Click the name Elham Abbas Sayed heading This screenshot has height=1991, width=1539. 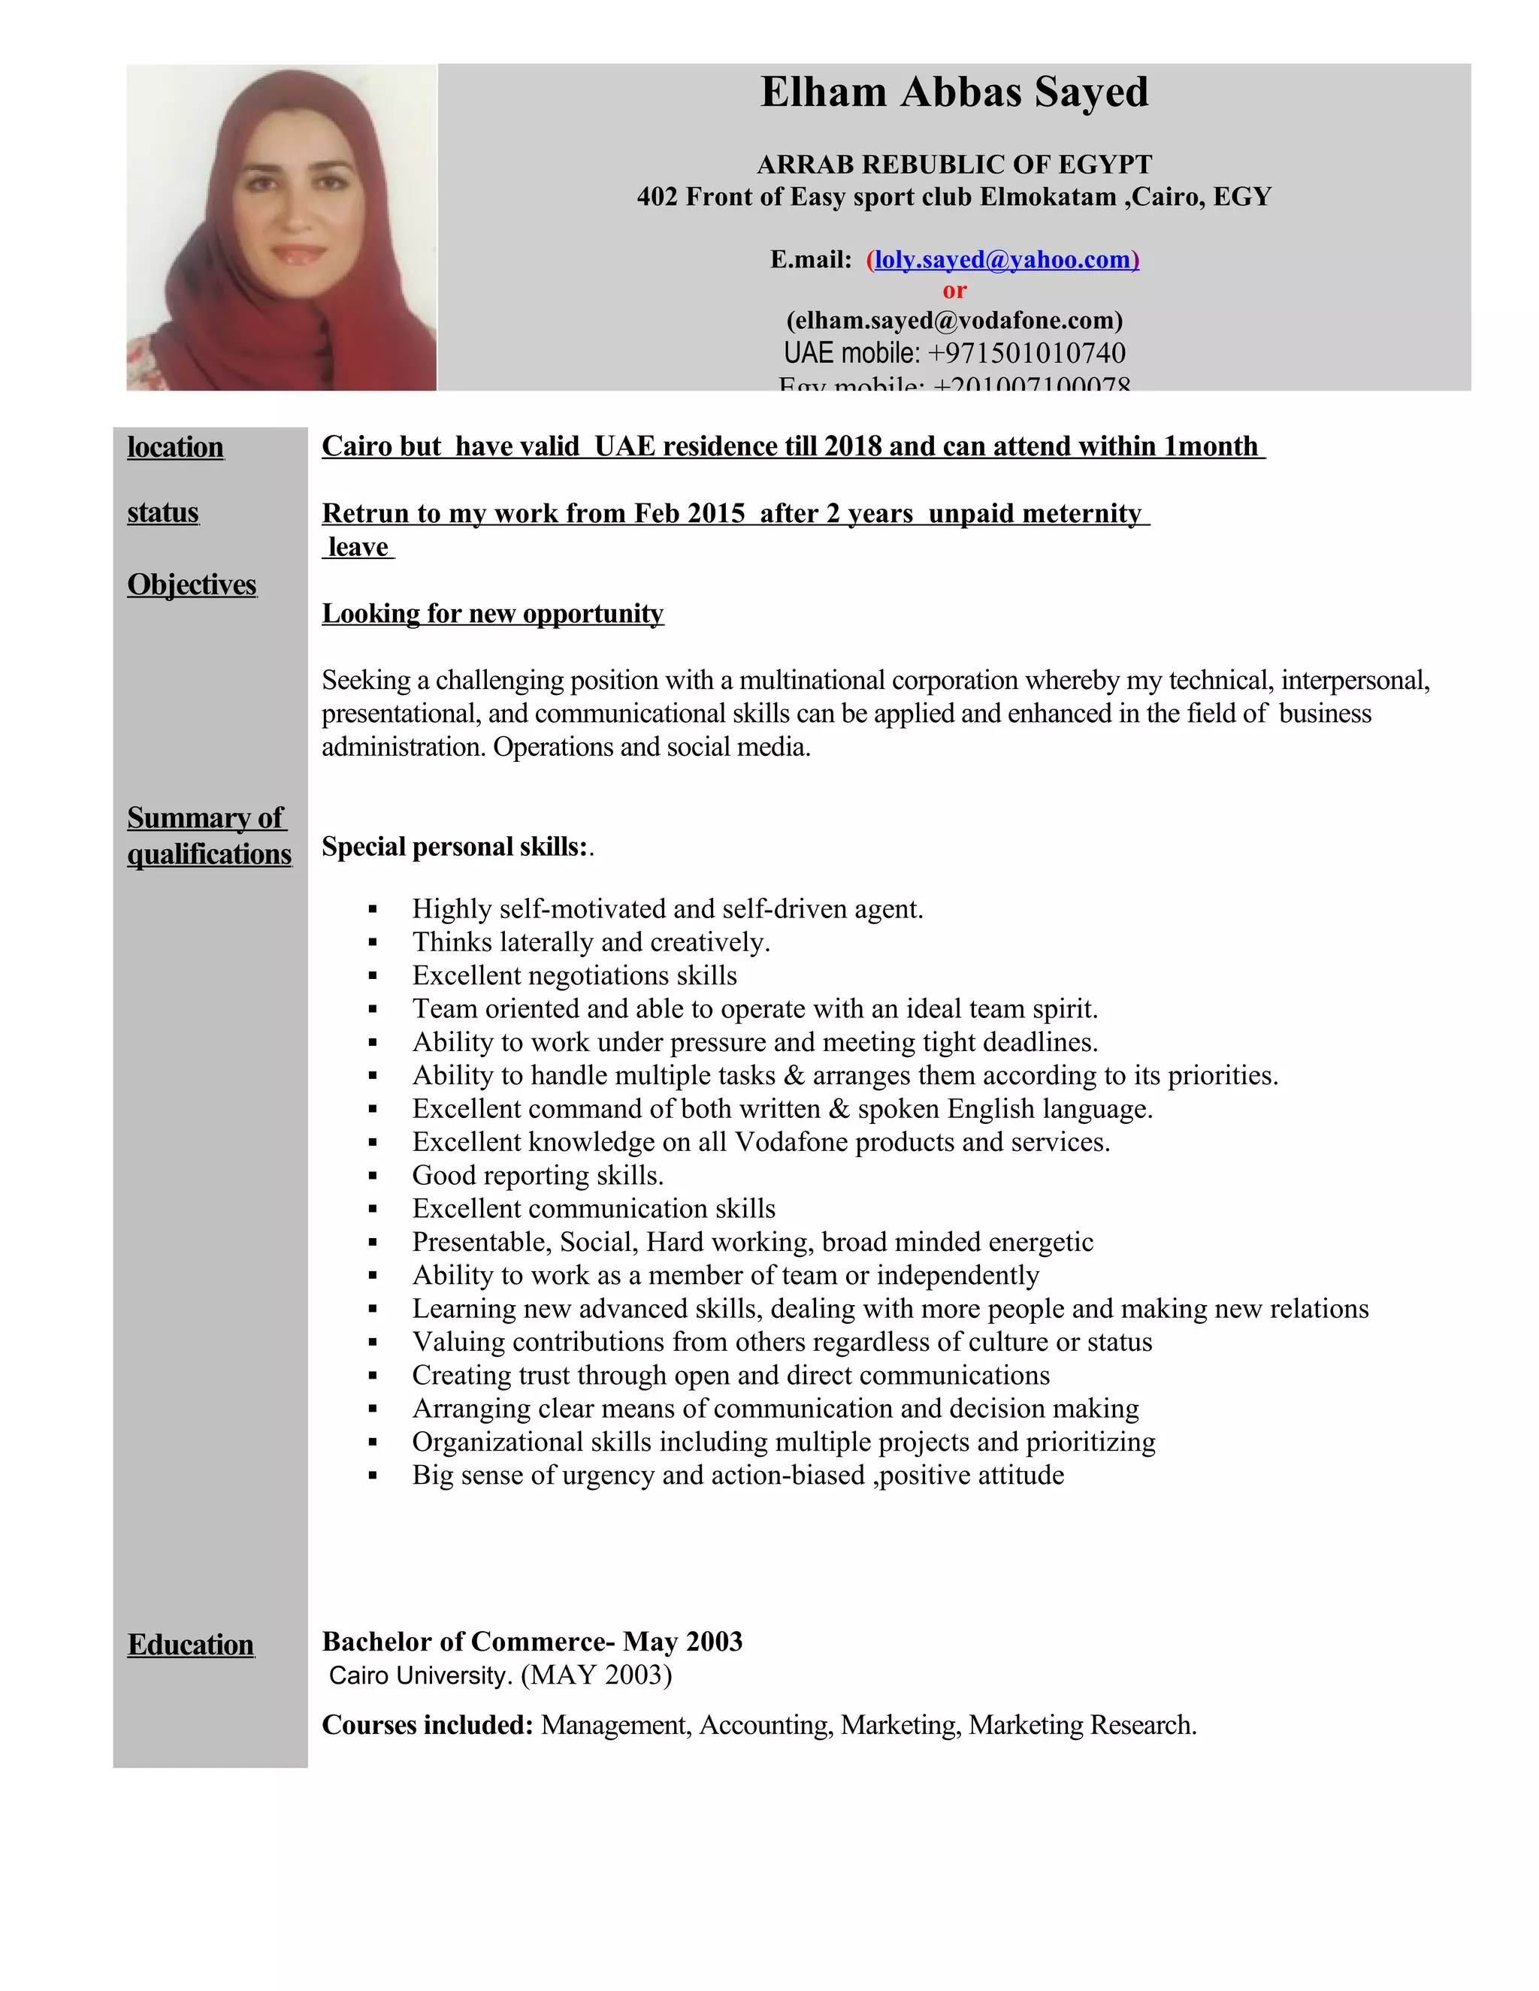pyautogui.click(x=954, y=93)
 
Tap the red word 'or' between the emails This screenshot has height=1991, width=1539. pyautogui.click(x=954, y=291)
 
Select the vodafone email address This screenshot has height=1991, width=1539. pyautogui.click(x=954, y=321)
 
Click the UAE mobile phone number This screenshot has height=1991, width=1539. pyautogui.click(x=1027, y=354)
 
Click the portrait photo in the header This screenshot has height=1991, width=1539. pyautogui.click(x=281, y=228)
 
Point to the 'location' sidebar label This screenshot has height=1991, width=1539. pyautogui.click(x=175, y=448)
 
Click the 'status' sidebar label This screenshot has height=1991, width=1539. pyautogui.click(x=163, y=513)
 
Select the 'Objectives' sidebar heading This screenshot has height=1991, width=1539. pyautogui.click(x=192, y=585)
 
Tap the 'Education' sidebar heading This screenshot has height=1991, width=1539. pyautogui.click(x=191, y=1645)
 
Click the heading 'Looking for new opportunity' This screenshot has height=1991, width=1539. pyautogui.click(x=492, y=614)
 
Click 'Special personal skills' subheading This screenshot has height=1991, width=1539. pyautogui.click(x=454, y=847)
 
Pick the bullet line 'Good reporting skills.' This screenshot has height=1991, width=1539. pyautogui.click(x=538, y=1175)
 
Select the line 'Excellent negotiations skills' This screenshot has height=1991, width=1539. pyautogui.click(x=574, y=975)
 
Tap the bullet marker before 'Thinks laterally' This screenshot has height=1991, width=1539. pyautogui.click(x=373, y=943)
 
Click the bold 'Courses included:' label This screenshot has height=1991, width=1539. pyautogui.click(x=427, y=1726)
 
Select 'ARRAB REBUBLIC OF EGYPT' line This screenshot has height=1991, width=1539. pyautogui.click(x=954, y=165)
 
